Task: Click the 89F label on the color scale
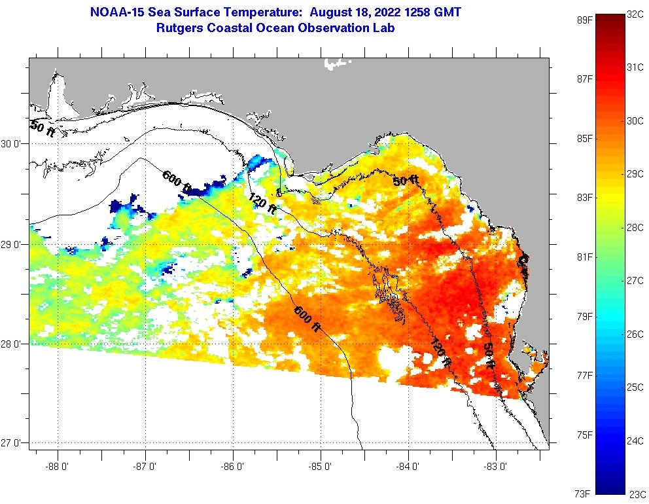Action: pos(584,20)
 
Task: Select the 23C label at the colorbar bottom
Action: pos(637,494)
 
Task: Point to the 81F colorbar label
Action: pos(584,257)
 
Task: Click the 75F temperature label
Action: pos(584,435)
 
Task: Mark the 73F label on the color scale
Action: pos(584,494)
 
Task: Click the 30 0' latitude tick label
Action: pos(12,144)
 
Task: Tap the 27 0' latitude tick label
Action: pos(12,443)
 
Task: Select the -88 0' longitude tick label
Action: pos(58,467)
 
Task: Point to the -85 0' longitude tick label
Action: pos(321,467)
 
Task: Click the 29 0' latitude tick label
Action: pos(12,244)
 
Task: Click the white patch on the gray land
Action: pos(337,63)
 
